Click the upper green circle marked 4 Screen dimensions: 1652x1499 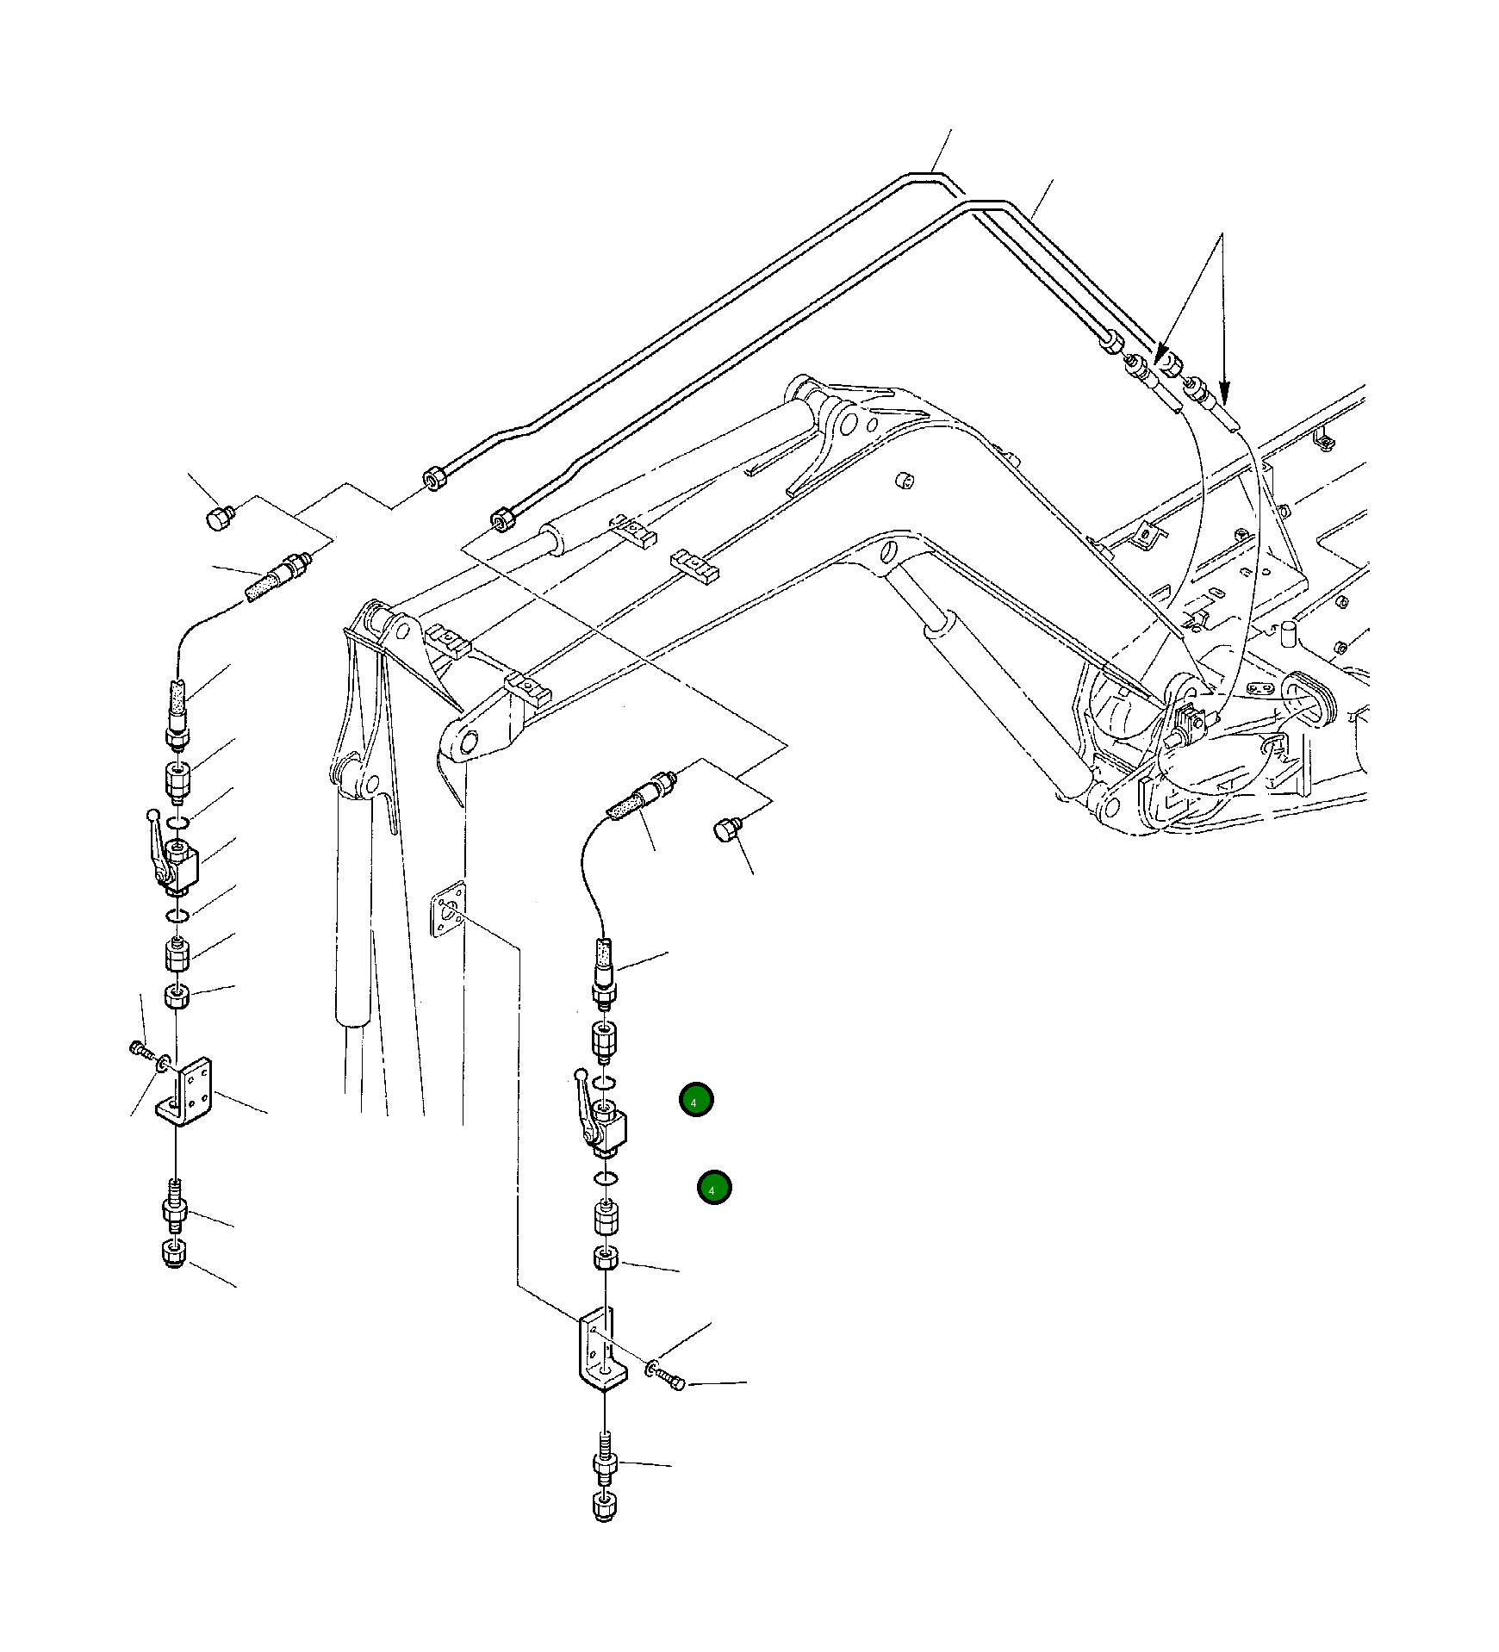pos(695,1100)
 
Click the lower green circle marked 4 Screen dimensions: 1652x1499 pos(714,1188)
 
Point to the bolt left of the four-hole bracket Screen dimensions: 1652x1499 pos(138,1048)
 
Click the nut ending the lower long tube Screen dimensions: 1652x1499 pos(501,520)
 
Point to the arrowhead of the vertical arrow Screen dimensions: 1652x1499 pos(1224,394)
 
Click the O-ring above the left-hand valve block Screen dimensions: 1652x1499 pos(177,823)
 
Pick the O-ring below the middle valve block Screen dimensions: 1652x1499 pos(606,1179)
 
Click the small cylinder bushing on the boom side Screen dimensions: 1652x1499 pos(905,480)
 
